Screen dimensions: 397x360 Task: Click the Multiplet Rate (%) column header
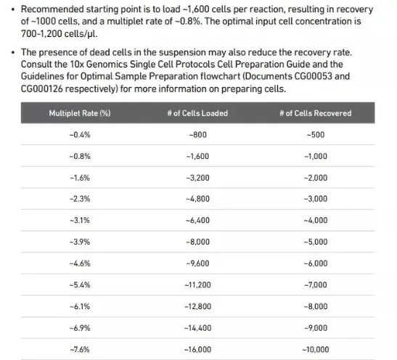(x=80, y=113)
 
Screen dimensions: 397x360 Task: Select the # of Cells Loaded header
(x=197, y=113)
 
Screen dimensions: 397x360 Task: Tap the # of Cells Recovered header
(x=316, y=113)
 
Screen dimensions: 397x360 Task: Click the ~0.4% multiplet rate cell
(x=80, y=135)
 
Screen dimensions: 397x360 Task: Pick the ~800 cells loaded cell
(x=197, y=135)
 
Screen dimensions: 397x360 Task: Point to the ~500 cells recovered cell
(x=316, y=135)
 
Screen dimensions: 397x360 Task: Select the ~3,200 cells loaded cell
(x=197, y=178)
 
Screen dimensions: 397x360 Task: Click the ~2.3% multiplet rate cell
(x=80, y=199)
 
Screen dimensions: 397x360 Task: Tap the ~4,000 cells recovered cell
(x=316, y=220)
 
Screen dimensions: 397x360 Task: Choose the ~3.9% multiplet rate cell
(x=80, y=242)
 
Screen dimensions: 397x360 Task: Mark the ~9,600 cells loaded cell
(x=197, y=263)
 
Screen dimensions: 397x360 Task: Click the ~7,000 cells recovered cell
(x=316, y=285)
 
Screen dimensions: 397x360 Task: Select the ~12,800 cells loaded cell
(x=197, y=306)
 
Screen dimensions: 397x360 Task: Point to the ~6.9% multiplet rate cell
(x=80, y=328)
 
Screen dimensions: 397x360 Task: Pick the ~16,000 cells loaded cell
(x=197, y=350)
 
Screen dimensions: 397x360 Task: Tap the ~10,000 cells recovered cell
(x=316, y=350)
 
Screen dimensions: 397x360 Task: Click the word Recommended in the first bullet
(x=52, y=9)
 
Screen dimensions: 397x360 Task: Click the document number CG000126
(x=42, y=89)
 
